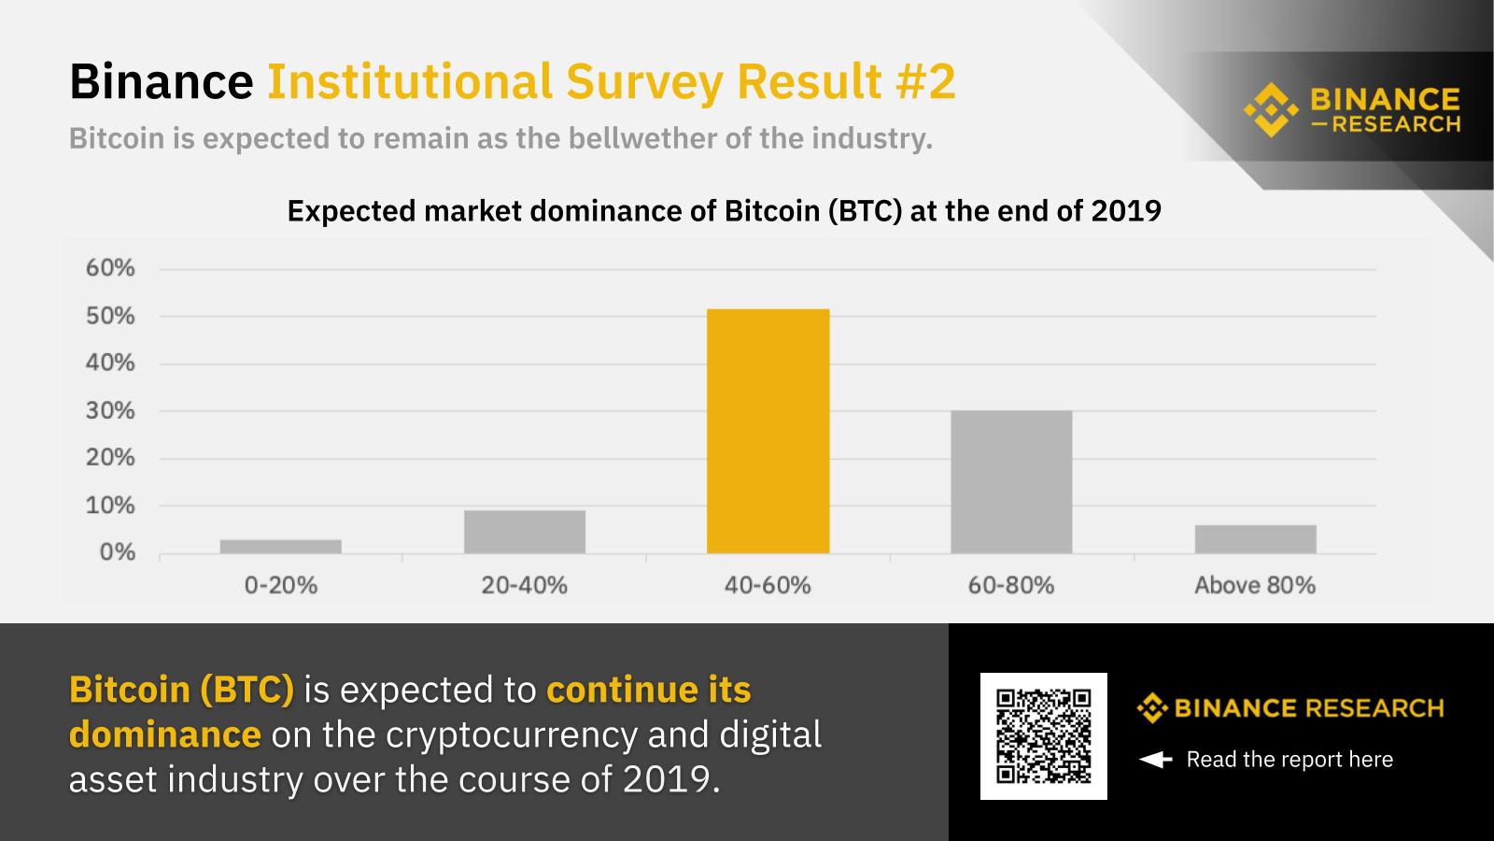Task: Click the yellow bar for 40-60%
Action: click(768, 431)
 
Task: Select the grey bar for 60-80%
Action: click(1011, 482)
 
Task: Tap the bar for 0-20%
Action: click(281, 547)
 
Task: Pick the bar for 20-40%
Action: click(525, 532)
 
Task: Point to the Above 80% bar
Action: click(1255, 539)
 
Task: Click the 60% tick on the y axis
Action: click(110, 268)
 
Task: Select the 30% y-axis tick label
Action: click(110, 410)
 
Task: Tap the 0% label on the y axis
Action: click(117, 552)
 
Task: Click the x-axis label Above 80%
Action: click(1255, 586)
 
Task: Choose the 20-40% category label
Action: click(525, 586)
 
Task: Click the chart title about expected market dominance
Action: click(724, 211)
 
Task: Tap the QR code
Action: click(1043, 735)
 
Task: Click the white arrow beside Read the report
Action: click(1155, 760)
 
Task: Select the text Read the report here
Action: click(1290, 760)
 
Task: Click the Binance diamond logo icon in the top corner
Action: click(1271, 109)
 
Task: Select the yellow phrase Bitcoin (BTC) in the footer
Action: click(181, 690)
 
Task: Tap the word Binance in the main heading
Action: click(161, 81)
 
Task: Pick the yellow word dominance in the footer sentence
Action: click(164, 734)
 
